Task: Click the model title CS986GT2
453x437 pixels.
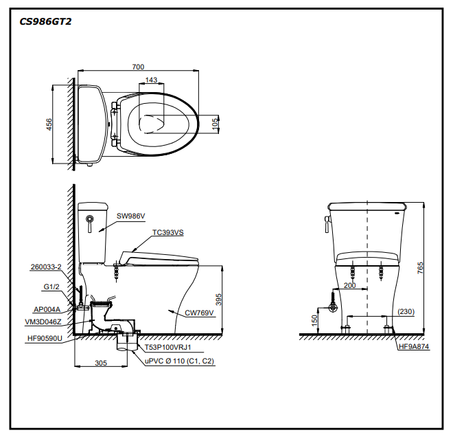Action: [45, 21]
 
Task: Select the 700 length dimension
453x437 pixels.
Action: [138, 67]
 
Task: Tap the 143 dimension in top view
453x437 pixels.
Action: [151, 80]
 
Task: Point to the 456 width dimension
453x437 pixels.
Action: [49, 124]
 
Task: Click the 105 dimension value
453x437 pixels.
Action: [216, 124]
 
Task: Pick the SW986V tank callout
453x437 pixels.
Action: [130, 216]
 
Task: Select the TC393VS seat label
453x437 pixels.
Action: [168, 232]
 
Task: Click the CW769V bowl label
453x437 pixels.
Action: [200, 313]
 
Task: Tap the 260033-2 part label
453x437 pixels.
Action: [46, 267]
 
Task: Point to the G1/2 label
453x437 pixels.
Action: [52, 287]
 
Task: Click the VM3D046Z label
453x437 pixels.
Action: [44, 321]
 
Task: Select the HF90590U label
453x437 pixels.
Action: [45, 338]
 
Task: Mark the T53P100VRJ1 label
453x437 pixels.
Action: [167, 348]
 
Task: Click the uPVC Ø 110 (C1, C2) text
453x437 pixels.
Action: [179, 361]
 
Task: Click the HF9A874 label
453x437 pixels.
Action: [414, 347]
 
